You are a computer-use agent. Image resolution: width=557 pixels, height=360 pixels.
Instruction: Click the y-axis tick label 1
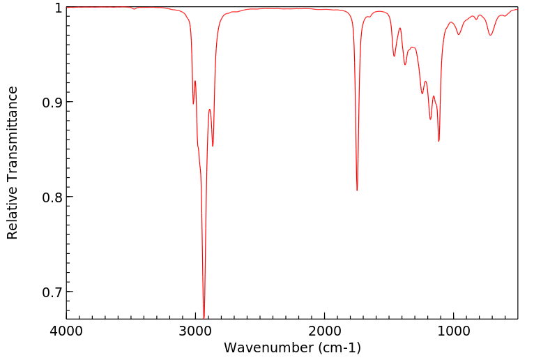point(58,8)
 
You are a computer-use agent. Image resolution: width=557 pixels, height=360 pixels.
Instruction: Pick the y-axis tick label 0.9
point(52,103)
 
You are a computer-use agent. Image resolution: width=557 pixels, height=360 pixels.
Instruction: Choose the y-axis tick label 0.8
point(52,197)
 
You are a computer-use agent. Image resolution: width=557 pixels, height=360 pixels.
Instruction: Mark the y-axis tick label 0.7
point(52,292)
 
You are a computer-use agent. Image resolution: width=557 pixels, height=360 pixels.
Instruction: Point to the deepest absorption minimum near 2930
point(204,317)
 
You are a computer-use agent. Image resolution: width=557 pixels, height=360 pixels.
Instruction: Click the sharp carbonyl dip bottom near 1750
point(357,190)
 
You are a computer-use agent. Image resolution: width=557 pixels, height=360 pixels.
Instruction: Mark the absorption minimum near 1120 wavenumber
point(438,141)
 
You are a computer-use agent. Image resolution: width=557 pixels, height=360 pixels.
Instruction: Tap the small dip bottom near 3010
point(193,104)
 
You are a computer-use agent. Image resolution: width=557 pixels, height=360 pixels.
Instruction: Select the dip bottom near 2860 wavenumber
point(213,145)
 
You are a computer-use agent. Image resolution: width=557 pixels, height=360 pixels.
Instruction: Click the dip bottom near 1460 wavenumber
point(394,57)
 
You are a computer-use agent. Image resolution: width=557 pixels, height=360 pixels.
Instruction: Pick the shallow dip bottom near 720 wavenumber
point(490,35)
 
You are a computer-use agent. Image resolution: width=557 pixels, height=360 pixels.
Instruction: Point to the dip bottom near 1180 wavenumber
point(430,119)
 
